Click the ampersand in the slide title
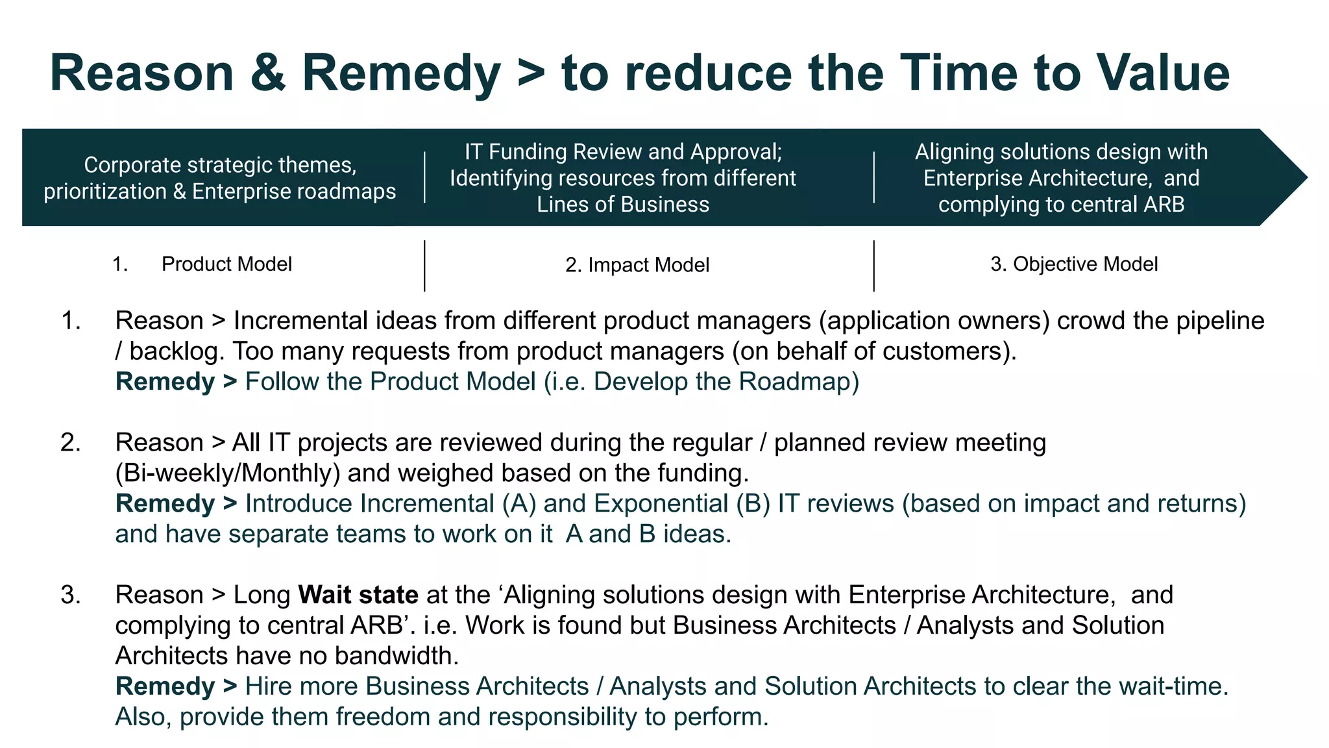[267, 73]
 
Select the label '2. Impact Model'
[637, 265]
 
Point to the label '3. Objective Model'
[1074, 264]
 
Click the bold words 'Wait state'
[358, 595]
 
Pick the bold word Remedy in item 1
[165, 381]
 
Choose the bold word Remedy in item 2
[165, 503]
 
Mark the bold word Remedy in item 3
[165, 686]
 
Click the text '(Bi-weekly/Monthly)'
[227, 473]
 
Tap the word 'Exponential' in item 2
[660, 504]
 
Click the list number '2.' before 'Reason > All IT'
[71, 443]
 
